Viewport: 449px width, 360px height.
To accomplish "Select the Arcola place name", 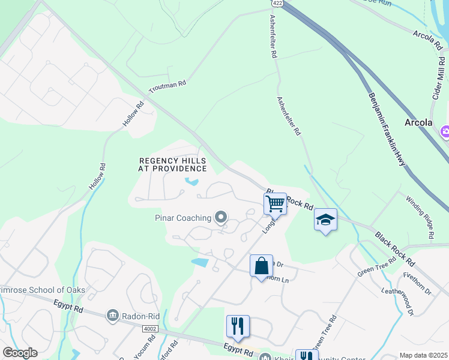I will tap(418, 122).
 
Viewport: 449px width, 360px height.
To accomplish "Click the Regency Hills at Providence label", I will tap(172, 165).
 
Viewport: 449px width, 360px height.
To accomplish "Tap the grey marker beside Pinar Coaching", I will tap(221, 217).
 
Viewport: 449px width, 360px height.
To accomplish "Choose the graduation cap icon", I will tap(325, 220).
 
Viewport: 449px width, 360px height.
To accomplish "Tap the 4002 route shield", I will tap(150, 329).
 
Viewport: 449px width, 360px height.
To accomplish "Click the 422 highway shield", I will tap(273, 3).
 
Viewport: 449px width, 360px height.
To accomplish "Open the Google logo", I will tap(20, 353).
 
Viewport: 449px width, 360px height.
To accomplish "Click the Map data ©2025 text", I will tap(423, 355).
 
